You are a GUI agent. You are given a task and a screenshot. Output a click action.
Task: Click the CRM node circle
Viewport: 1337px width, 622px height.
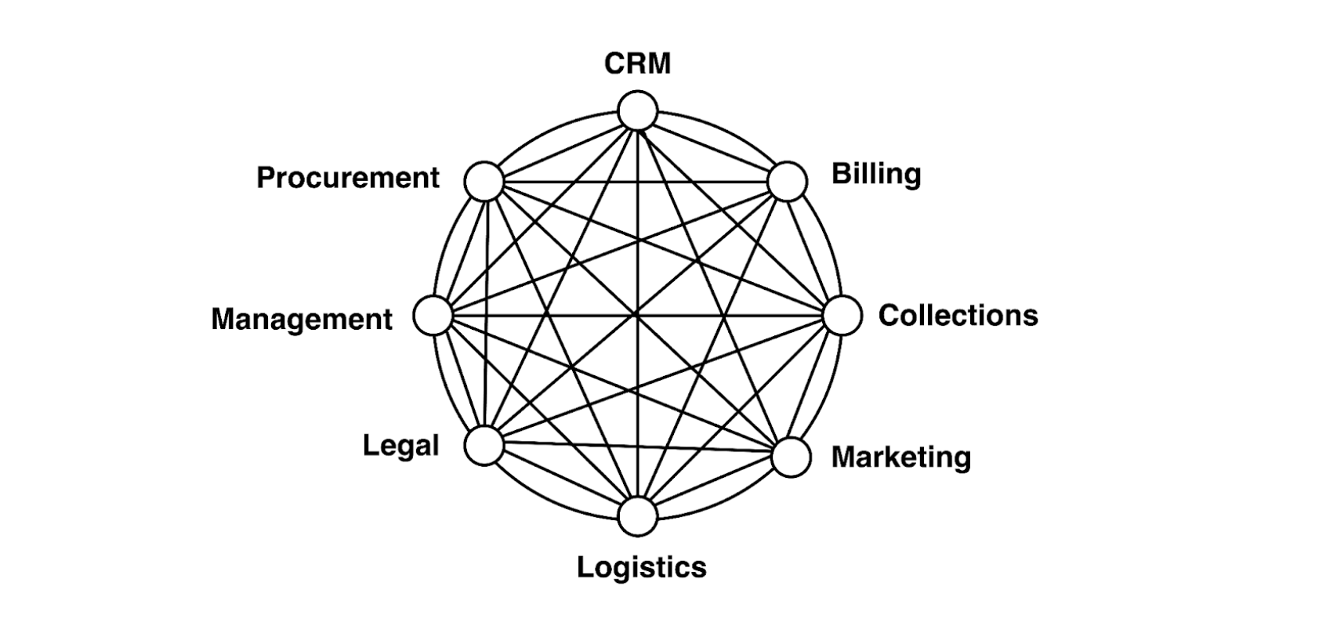(x=637, y=110)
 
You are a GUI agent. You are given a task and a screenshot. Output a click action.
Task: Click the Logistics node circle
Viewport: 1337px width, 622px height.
(x=637, y=517)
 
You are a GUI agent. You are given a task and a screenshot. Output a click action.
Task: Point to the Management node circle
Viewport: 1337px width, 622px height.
(x=433, y=316)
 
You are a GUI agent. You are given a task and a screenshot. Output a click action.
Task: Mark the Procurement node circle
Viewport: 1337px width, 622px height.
(x=484, y=182)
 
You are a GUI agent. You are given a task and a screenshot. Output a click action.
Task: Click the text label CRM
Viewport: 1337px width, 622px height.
(x=637, y=64)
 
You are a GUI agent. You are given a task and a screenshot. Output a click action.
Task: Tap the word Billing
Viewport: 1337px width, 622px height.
(x=875, y=173)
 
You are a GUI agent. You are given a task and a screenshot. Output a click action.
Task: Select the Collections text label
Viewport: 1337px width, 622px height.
(x=957, y=315)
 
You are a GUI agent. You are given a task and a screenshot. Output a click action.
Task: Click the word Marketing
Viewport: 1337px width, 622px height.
(x=900, y=457)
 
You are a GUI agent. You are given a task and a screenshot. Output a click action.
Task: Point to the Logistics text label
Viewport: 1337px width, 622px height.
(x=641, y=566)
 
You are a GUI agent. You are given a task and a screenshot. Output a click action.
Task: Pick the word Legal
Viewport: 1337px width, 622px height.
(x=400, y=446)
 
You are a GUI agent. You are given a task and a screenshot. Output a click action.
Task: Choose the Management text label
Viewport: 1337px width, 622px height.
(x=302, y=319)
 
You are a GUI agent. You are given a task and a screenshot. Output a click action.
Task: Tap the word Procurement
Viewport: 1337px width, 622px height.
(x=348, y=178)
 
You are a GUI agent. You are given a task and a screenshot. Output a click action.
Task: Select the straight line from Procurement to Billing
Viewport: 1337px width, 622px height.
(x=635, y=182)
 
